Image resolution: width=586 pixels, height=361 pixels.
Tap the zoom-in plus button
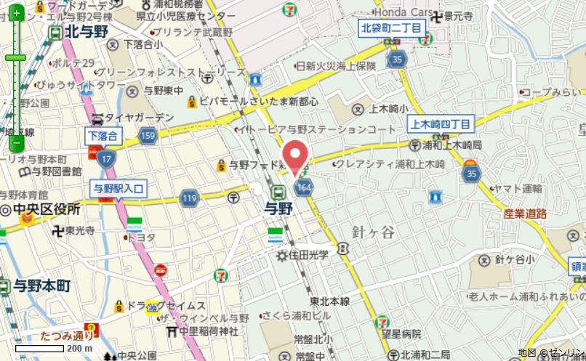tap(16, 14)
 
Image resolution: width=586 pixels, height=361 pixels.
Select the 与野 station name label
tap(278, 209)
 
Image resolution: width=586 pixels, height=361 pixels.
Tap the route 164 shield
tap(303, 187)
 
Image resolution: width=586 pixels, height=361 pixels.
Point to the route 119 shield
tap(190, 198)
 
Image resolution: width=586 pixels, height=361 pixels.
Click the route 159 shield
tap(148, 135)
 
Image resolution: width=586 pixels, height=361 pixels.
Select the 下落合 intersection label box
tap(103, 135)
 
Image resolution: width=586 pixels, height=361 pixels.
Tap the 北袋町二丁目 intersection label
tap(391, 28)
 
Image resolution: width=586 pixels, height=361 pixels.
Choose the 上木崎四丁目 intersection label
tap(441, 123)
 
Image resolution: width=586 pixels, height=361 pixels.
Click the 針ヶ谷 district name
tap(373, 232)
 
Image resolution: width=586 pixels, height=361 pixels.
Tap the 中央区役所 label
tap(45, 209)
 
